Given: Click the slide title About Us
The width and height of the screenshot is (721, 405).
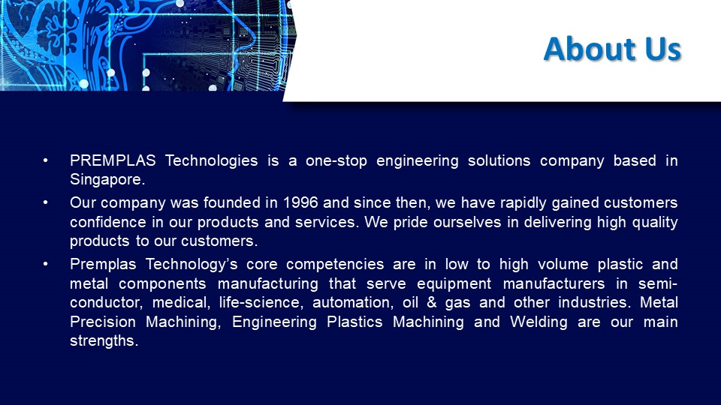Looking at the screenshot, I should [611, 48].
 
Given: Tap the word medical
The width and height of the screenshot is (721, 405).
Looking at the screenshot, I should [181, 303].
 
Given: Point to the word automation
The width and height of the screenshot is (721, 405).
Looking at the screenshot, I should [346, 303].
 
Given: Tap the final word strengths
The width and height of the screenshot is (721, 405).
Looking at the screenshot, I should [104, 341].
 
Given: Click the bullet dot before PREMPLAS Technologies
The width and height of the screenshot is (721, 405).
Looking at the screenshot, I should [47, 160].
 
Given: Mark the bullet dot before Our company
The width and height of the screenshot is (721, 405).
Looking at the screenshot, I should [47, 203].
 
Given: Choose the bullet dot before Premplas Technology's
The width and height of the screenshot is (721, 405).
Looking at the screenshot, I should [47, 264].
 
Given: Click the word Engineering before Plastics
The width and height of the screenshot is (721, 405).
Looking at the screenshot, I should [276, 322].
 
